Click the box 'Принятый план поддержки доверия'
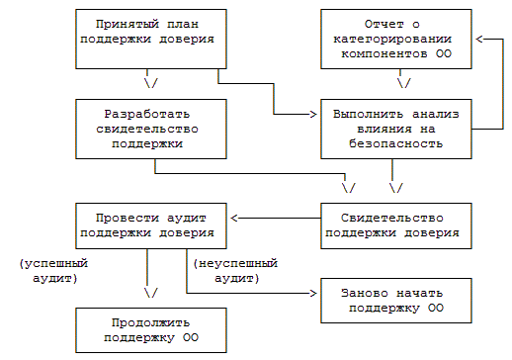tap(151, 39)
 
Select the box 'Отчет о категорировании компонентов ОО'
tap(396, 39)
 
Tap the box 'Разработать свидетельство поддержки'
tap(151, 129)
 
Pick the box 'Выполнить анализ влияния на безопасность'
tap(396, 129)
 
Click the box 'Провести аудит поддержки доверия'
tap(151, 225)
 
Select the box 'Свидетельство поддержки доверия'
tap(396, 225)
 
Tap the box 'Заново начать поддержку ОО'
tap(396, 301)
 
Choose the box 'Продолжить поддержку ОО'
tap(151, 330)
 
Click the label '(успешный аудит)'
tap(53, 271)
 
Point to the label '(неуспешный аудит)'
tap(235, 271)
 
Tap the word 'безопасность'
tap(396, 143)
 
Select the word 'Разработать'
tap(147, 114)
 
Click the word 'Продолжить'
tap(150, 322)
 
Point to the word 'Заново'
tap(365, 293)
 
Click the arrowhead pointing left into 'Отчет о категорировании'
tap(479, 39)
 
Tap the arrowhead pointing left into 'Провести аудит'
tap(234, 218)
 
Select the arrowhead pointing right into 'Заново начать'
tap(313, 293)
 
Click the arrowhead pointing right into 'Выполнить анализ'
tap(313, 114)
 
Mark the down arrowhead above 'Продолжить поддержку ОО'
tap(151, 293)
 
